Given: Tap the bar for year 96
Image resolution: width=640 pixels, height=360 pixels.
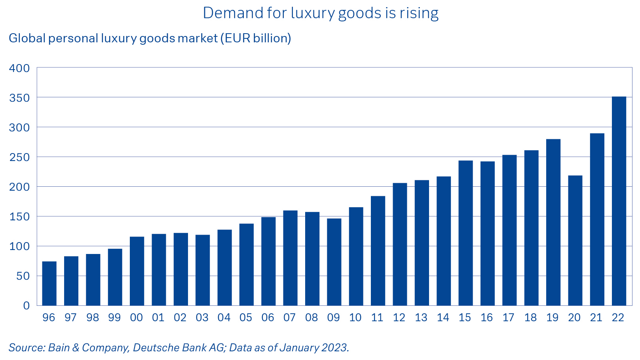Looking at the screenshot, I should (x=49, y=283).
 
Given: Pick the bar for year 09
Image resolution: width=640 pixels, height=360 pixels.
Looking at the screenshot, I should (x=334, y=262).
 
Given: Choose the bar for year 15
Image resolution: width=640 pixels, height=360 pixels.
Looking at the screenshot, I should (x=465, y=233).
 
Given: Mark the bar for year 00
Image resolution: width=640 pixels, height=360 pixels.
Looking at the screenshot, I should (x=137, y=271).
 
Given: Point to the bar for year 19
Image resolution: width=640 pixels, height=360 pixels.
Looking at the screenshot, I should (x=553, y=222).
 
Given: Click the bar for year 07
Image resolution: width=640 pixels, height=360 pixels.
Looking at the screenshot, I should (x=290, y=258).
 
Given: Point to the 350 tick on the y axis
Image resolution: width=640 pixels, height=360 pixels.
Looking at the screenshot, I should (x=19, y=98).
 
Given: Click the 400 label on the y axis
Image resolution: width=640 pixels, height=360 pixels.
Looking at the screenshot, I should (x=19, y=68).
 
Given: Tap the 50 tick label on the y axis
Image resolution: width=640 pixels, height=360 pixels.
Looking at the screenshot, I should (x=23, y=276).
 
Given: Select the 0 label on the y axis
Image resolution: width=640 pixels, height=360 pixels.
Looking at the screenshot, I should (x=27, y=305).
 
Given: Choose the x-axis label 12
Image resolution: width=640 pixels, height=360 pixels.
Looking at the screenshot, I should (x=399, y=318).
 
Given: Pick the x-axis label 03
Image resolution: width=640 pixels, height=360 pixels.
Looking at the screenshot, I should (x=202, y=318).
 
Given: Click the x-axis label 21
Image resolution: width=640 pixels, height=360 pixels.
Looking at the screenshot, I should (x=596, y=318).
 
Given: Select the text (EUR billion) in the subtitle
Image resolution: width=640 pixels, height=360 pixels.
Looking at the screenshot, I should (x=256, y=38).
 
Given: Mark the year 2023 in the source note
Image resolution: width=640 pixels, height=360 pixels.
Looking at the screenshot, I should (x=334, y=347).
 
